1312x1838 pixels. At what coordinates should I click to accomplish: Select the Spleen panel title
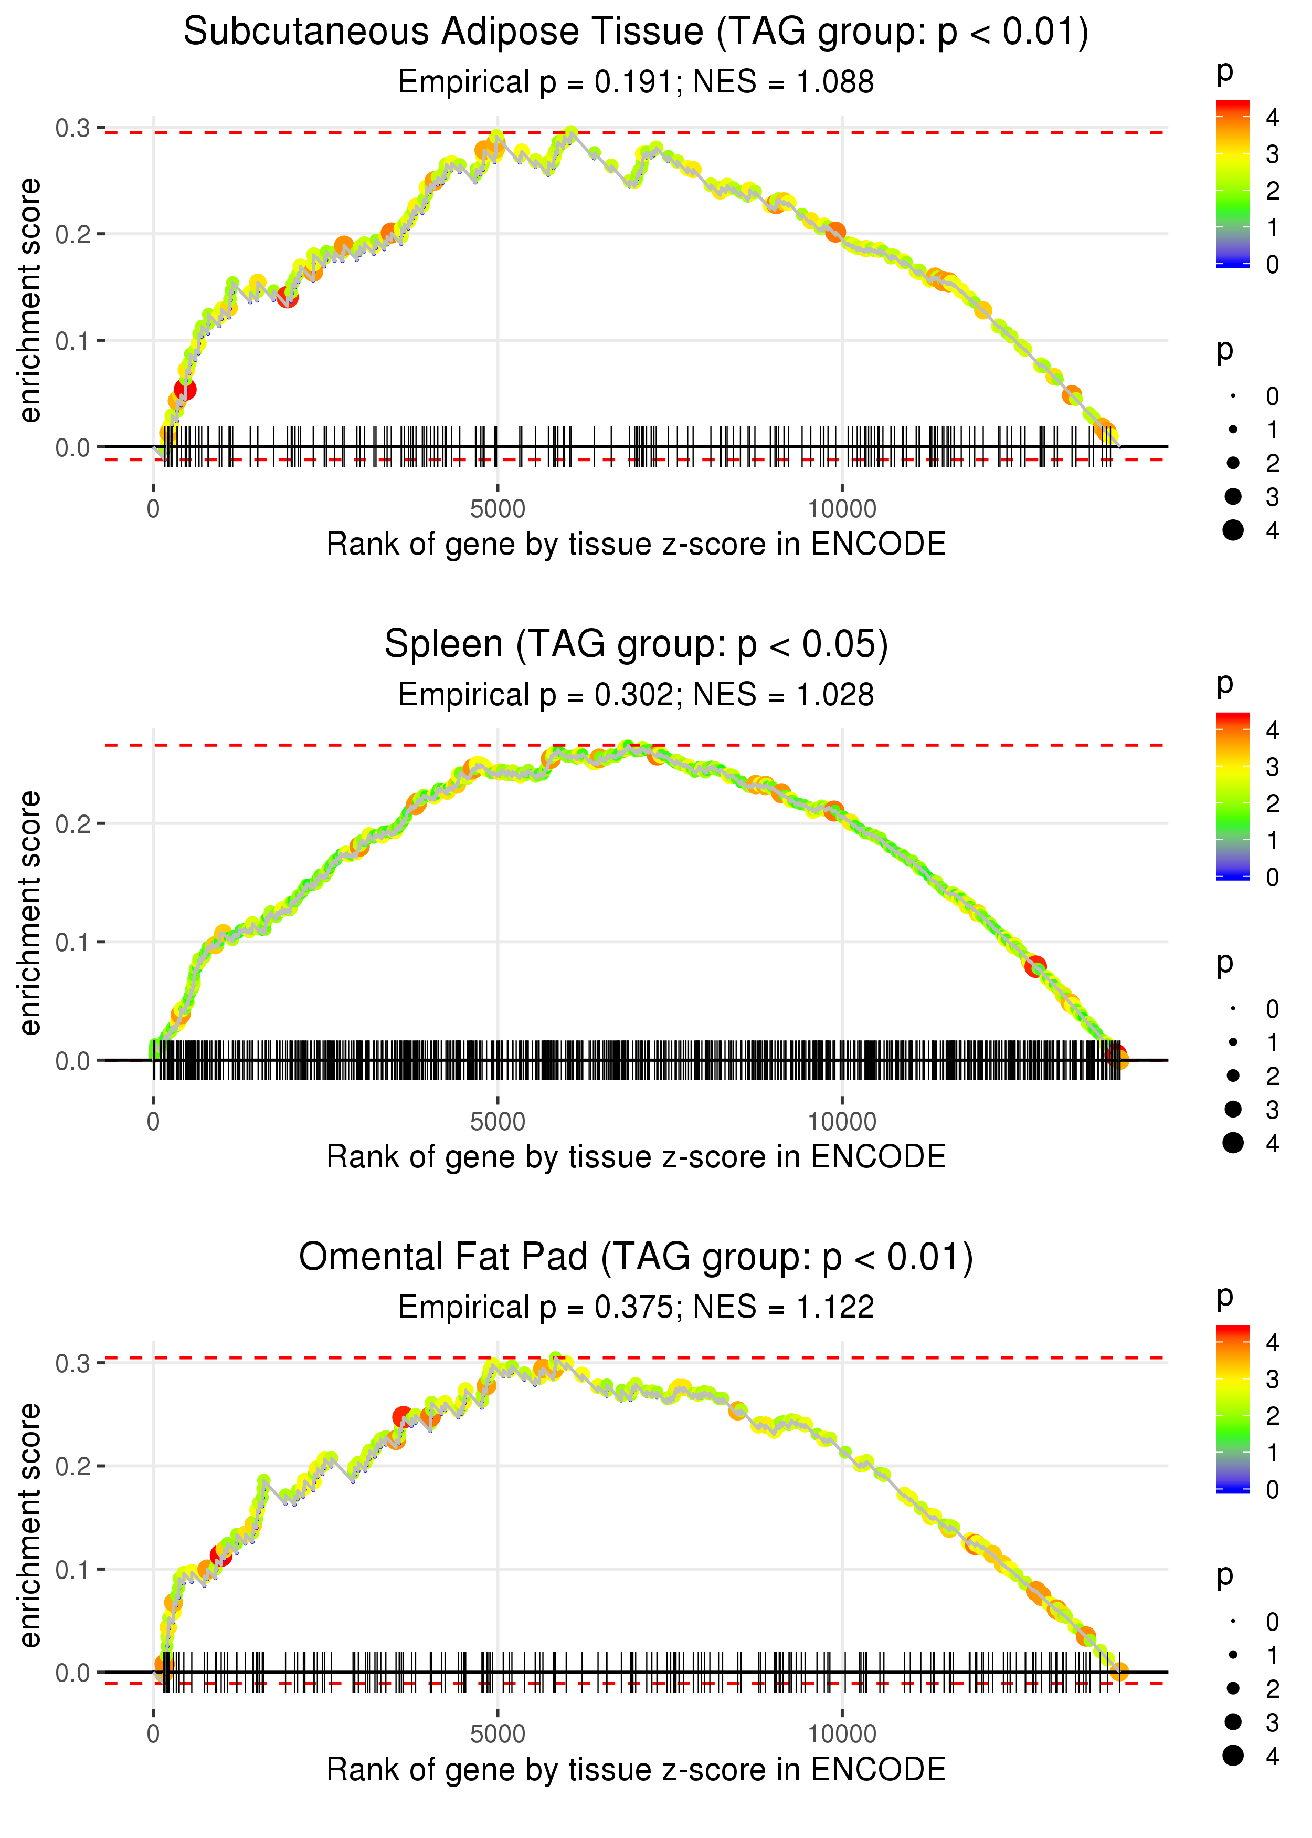coord(636,645)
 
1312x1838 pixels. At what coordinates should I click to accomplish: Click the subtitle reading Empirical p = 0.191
coord(636,82)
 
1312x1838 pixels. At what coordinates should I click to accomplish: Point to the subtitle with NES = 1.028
coord(636,695)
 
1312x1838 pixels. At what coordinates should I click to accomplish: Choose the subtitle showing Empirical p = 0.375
coord(636,1308)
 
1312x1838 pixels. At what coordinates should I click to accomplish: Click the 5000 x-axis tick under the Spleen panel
coord(498,1122)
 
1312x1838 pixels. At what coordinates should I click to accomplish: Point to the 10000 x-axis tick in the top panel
coord(842,509)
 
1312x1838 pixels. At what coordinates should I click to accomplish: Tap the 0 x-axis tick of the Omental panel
coord(153,1735)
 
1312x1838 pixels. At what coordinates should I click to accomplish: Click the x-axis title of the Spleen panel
coord(636,1157)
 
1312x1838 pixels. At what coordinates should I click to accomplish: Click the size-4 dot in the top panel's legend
coord(1233,530)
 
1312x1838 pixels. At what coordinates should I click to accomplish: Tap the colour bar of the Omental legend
coord(1233,1408)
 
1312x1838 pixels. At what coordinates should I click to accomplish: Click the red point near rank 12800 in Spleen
coord(1035,966)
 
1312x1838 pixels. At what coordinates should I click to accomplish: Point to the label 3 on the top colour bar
coord(1273,154)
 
